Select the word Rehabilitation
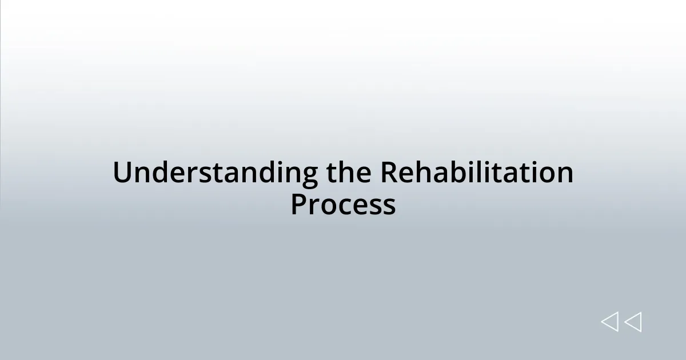(x=477, y=173)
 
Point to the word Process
(x=343, y=205)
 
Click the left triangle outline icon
(x=609, y=322)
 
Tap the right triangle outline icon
(x=633, y=322)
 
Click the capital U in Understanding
(x=122, y=173)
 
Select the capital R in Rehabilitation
(x=390, y=173)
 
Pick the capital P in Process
(x=298, y=205)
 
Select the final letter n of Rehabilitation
(x=565, y=175)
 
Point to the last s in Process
(x=389, y=207)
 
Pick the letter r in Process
(x=315, y=207)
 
